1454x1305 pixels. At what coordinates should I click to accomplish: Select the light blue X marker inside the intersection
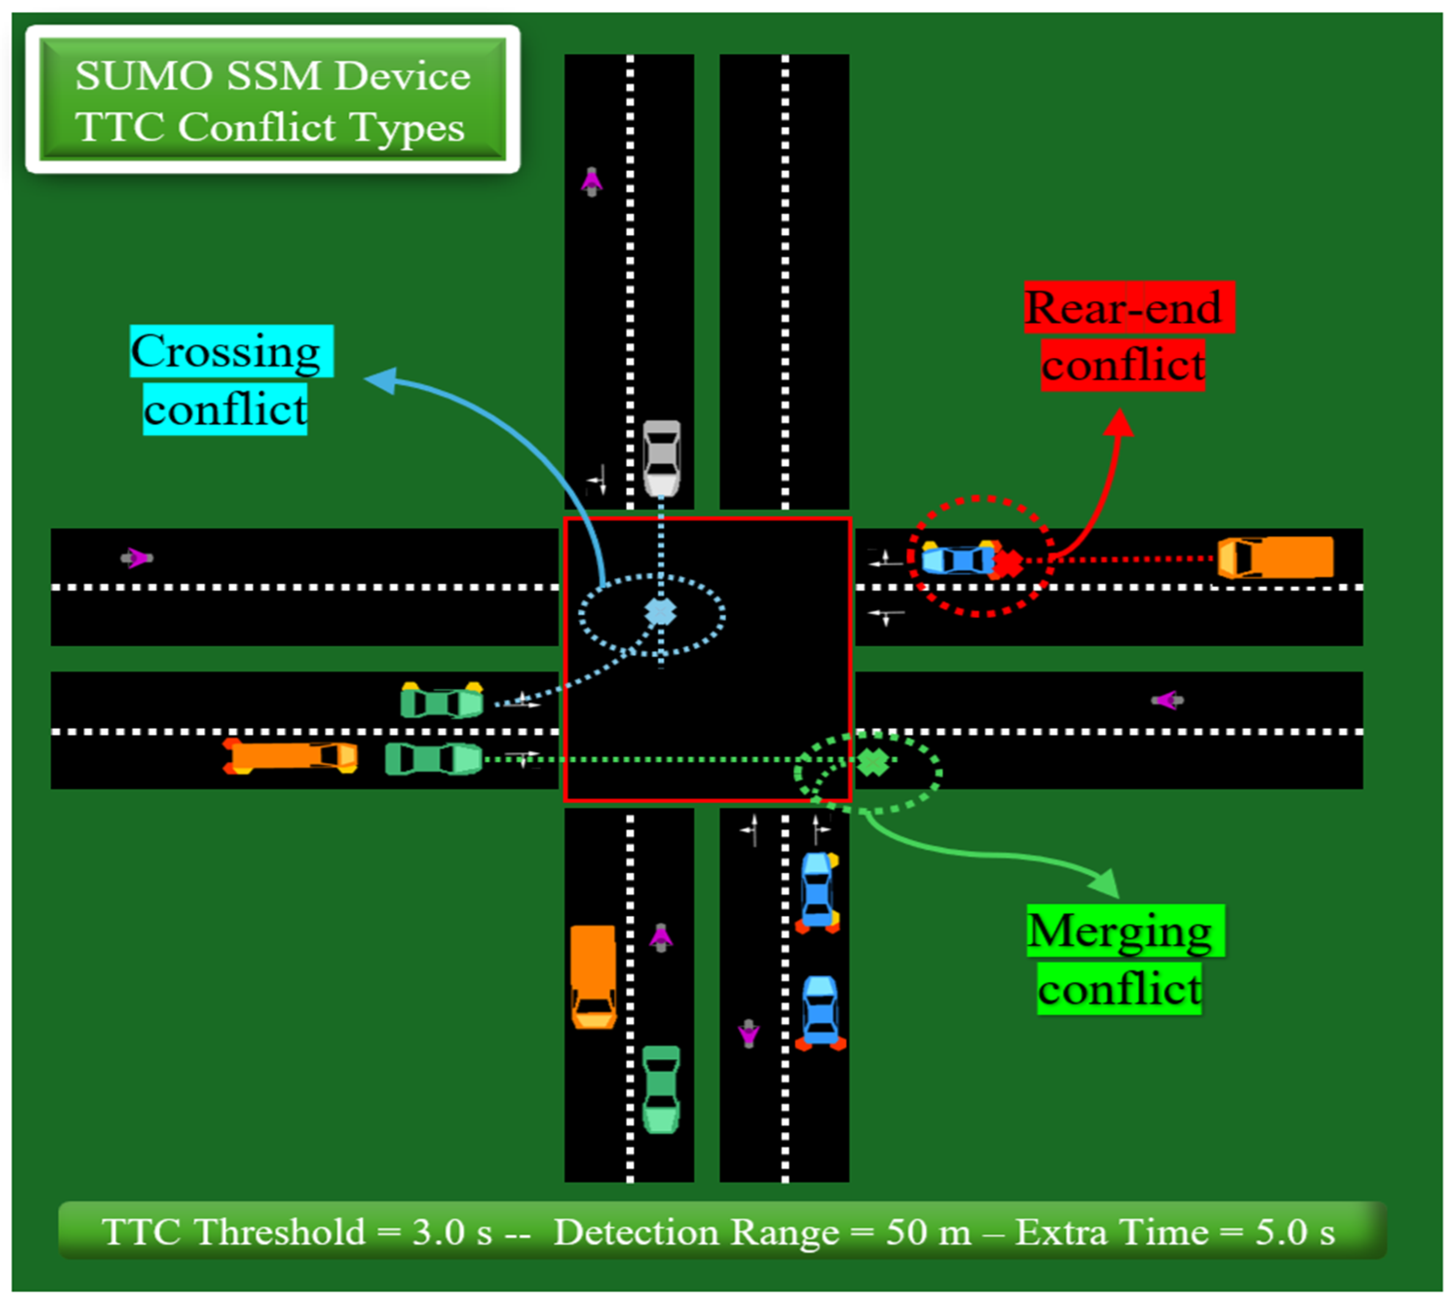click(660, 612)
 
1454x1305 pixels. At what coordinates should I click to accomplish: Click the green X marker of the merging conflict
click(873, 762)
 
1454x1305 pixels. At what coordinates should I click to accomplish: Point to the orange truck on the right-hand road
click(1275, 557)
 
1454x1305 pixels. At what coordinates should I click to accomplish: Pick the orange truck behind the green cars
click(290, 757)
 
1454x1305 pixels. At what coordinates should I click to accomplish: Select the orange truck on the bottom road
click(593, 977)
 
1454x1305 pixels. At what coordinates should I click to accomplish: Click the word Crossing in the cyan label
click(225, 352)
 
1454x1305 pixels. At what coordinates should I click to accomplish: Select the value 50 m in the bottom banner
click(929, 1232)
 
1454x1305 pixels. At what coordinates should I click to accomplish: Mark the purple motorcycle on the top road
click(592, 182)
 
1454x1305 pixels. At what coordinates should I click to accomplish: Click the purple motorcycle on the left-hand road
click(136, 557)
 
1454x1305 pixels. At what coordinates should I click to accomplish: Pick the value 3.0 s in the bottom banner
click(452, 1232)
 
